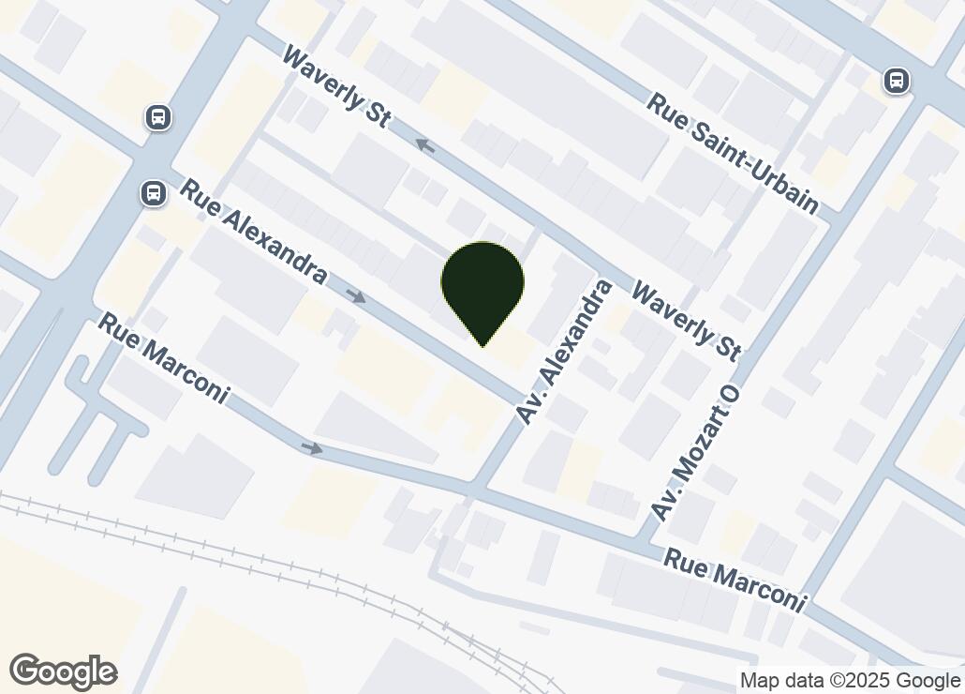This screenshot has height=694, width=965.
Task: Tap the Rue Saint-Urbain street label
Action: click(x=733, y=153)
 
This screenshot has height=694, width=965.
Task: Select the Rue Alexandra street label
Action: click(x=253, y=232)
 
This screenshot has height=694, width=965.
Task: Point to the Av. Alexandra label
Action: click(x=566, y=352)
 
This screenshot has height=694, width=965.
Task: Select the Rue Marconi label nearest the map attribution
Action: click(x=735, y=580)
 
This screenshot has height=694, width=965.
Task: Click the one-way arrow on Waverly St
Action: click(x=426, y=145)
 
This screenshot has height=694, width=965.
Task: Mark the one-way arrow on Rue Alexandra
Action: click(x=355, y=296)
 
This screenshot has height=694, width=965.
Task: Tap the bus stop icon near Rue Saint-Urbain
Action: click(x=897, y=82)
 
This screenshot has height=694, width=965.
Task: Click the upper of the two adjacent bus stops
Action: click(x=158, y=117)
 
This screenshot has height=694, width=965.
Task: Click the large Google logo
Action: click(x=63, y=671)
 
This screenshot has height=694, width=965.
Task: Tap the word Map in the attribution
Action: click(x=758, y=681)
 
